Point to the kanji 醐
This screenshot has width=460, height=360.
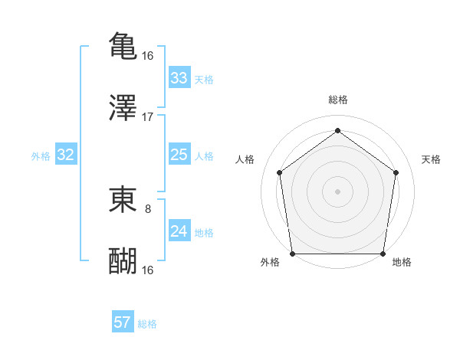[123, 260]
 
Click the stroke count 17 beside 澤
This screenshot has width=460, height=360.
[148, 117]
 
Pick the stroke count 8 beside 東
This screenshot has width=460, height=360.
[148, 208]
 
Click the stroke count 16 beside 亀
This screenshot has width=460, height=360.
[148, 56]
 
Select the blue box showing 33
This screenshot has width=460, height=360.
[179, 78]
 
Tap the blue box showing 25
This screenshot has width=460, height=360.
[179, 155]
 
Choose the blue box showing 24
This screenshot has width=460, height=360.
[179, 231]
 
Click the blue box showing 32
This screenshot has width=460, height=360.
[66, 155]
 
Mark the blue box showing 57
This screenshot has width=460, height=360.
[123, 322]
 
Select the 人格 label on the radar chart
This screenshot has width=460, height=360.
[245, 159]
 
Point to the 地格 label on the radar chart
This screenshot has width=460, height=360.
[402, 262]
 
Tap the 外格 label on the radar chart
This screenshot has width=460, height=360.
[270, 262]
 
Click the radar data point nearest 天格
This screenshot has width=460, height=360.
[396, 172]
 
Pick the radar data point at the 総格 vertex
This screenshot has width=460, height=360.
[337, 130]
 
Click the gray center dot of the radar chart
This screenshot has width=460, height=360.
[337, 191]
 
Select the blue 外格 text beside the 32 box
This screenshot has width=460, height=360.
[41, 155]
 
